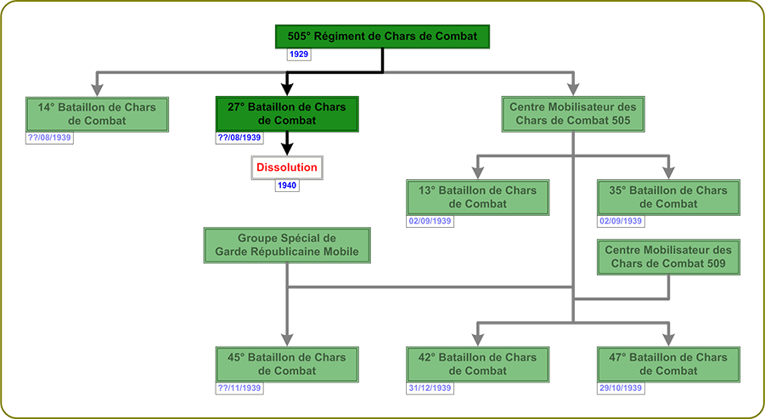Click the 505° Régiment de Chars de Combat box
pyautogui.click(x=382, y=37)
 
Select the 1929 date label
pyautogui.click(x=298, y=54)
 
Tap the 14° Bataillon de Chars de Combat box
pyautogui.click(x=96, y=114)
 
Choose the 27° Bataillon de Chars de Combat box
pyautogui.click(x=287, y=114)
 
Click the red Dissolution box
pyautogui.click(x=287, y=167)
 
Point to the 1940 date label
pyautogui.click(x=287, y=185)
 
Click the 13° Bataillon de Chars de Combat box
pyautogui.click(x=478, y=197)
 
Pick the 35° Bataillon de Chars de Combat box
pyautogui.click(x=668, y=197)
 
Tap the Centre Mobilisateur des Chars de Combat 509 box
pyautogui.click(x=668, y=258)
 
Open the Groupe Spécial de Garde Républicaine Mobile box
pyautogui.click(x=287, y=246)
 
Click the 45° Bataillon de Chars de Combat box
pyautogui.click(x=287, y=364)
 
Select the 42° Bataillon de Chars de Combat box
pyautogui.click(x=478, y=364)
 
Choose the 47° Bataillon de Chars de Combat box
pyautogui.click(x=668, y=364)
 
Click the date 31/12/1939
pyautogui.click(x=430, y=388)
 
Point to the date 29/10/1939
pyautogui.click(x=621, y=388)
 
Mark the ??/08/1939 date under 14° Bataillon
pyautogui.click(x=49, y=138)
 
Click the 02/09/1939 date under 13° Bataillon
pyautogui.click(x=430, y=221)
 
